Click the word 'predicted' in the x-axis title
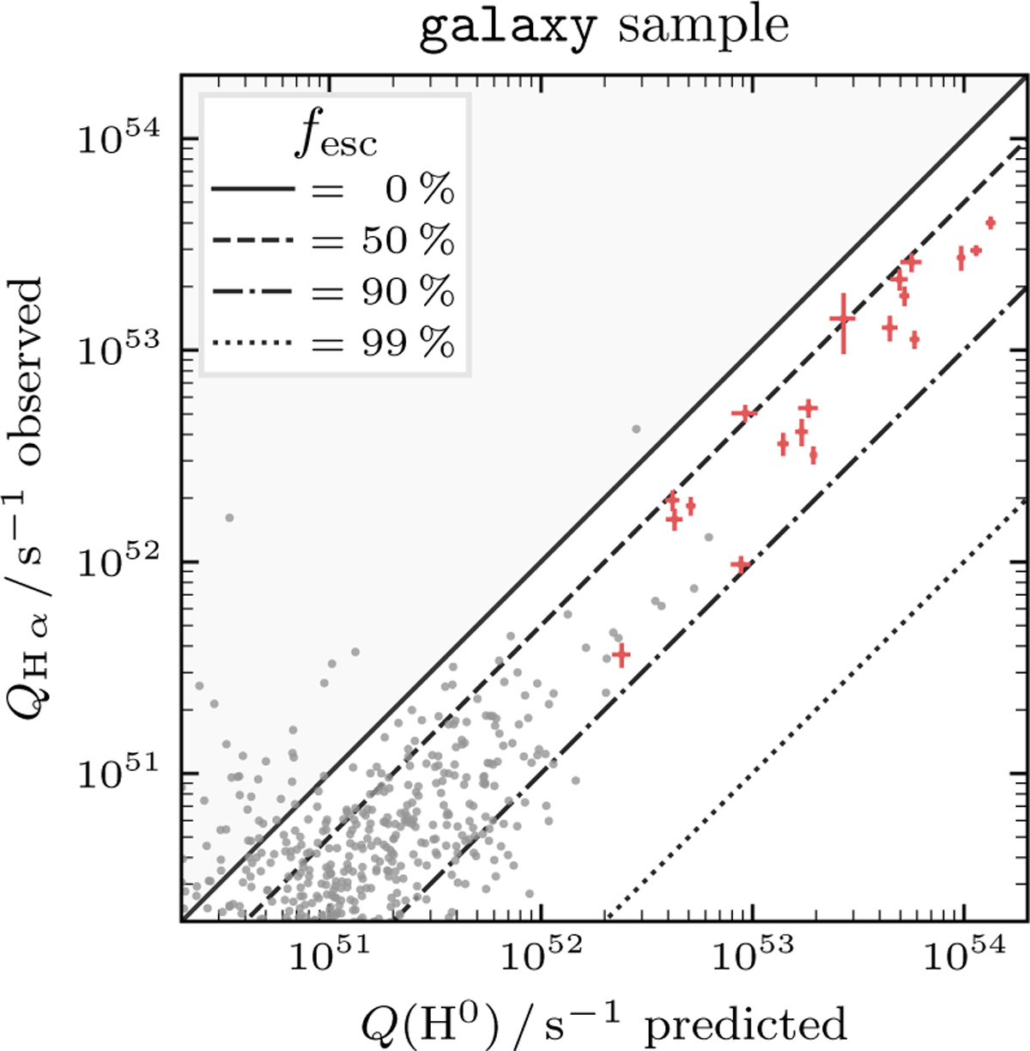coord(745,1024)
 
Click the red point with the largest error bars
coord(844,320)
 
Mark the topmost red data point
coord(991,223)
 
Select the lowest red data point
coord(621,654)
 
